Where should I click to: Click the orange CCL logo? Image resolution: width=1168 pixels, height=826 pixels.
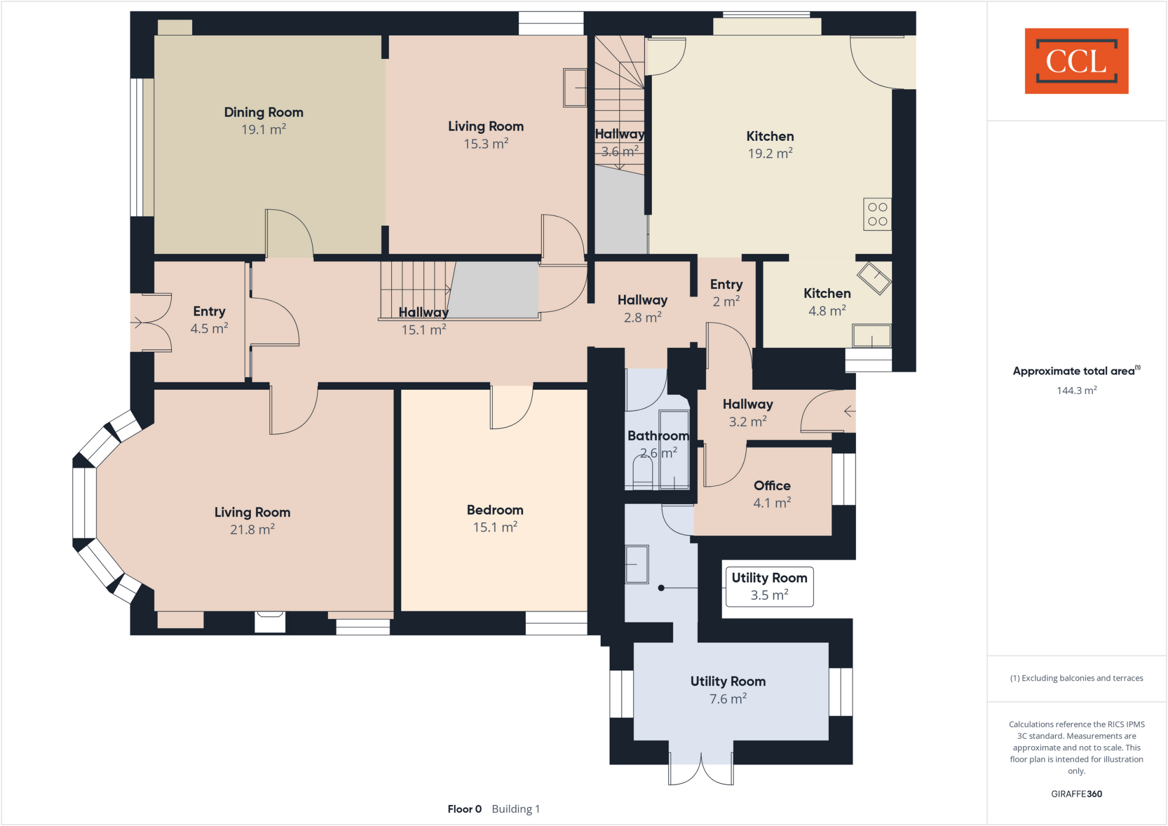[1076, 61]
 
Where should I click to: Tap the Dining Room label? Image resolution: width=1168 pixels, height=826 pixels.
[263, 112]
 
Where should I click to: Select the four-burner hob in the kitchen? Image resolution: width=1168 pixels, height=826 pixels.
[877, 214]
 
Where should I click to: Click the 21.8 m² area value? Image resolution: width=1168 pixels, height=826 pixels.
[252, 530]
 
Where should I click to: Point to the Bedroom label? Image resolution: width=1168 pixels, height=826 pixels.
[494, 510]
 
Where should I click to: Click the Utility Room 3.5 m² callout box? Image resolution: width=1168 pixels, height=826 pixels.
[769, 587]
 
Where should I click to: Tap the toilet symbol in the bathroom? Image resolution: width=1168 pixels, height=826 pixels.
[643, 473]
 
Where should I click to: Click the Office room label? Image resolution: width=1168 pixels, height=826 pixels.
[772, 486]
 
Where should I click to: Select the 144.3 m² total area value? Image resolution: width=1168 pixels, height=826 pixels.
[1076, 390]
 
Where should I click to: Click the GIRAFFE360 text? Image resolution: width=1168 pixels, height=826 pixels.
[1076, 794]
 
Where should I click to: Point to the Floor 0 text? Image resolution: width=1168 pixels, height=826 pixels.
[464, 809]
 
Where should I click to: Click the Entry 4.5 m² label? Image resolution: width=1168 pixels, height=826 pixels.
[209, 320]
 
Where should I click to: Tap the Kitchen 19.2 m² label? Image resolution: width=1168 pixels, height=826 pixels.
[770, 144]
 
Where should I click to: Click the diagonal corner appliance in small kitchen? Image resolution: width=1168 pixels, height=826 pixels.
[874, 278]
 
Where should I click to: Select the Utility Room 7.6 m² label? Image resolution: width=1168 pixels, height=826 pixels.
[728, 690]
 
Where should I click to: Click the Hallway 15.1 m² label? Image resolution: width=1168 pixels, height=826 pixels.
[423, 321]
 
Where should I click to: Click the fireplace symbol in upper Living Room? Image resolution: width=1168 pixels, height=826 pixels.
[574, 88]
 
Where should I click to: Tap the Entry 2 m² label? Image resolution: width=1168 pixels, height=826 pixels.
[726, 292]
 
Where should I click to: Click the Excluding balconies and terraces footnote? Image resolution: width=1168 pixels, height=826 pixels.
[1076, 678]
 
